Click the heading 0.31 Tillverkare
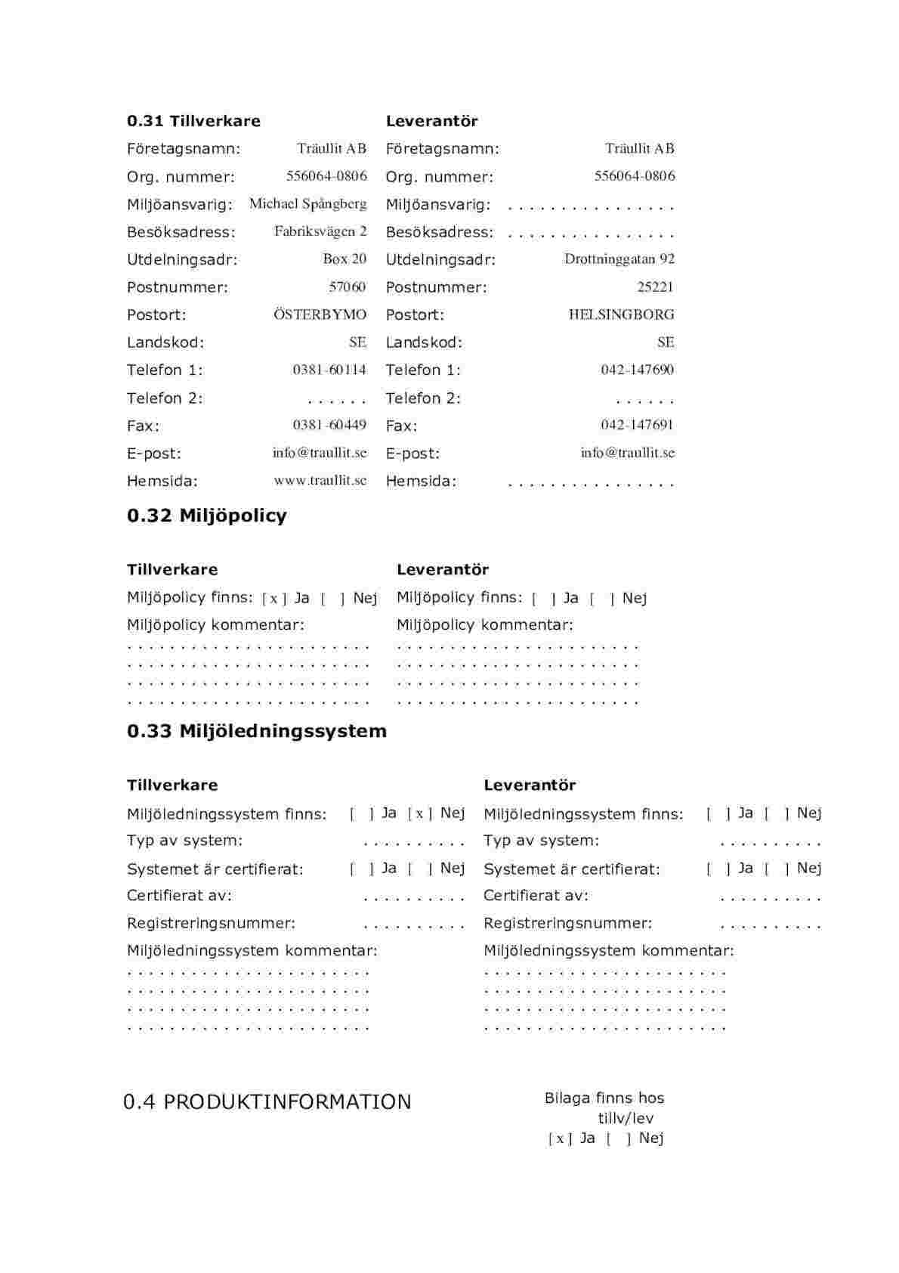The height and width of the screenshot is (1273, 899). click(193, 121)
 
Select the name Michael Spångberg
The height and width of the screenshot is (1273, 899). click(308, 204)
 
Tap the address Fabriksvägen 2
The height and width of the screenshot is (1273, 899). click(320, 231)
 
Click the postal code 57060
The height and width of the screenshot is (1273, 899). click(348, 287)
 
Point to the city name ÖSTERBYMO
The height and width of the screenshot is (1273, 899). click(320, 314)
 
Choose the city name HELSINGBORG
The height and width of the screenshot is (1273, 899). click(621, 314)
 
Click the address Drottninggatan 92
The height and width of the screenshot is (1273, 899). click(619, 259)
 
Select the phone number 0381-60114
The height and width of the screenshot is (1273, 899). click(329, 370)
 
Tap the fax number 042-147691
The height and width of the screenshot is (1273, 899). click(637, 425)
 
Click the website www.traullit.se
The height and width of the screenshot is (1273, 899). click(320, 480)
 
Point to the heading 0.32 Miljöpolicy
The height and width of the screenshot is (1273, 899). click(207, 516)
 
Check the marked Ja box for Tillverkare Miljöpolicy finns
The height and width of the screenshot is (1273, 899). click(274, 599)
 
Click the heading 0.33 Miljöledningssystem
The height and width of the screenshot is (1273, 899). click(257, 731)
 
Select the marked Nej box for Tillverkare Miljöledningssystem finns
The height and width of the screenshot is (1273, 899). click(420, 814)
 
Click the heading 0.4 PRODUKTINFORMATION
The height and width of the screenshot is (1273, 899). click(267, 1102)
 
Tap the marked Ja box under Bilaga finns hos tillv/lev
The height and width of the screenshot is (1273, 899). click(560, 1139)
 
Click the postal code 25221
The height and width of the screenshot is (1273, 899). click(655, 287)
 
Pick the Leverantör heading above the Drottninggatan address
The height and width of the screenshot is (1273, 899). click(431, 121)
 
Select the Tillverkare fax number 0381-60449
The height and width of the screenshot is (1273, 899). click(329, 425)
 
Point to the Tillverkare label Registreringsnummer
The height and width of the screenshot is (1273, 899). click(211, 923)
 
